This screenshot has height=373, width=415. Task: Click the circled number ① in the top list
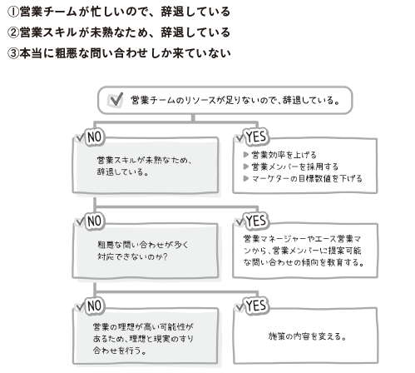pyautogui.click(x=12, y=12)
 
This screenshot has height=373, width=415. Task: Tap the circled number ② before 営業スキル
pyautogui.click(x=12, y=32)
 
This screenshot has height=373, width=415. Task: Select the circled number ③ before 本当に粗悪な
pyautogui.click(x=12, y=53)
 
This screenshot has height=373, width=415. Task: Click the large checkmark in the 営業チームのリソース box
pyautogui.click(x=116, y=100)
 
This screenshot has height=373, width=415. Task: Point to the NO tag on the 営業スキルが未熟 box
pyautogui.click(x=95, y=137)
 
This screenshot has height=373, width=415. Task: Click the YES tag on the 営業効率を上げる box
pyautogui.click(x=256, y=137)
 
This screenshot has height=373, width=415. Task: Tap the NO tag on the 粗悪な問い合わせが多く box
pyautogui.click(x=95, y=221)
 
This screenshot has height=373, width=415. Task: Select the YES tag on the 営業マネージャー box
pyautogui.click(x=256, y=221)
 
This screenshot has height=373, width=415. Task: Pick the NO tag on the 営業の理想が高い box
pyautogui.click(x=95, y=306)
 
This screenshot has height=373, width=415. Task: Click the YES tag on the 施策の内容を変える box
pyautogui.click(x=256, y=306)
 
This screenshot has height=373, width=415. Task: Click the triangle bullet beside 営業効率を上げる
pyautogui.click(x=245, y=155)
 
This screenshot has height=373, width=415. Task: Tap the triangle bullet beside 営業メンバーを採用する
pyautogui.click(x=245, y=167)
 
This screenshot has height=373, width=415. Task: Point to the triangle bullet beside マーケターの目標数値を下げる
pyautogui.click(x=245, y=178)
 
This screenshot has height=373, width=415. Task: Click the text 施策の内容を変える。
pyautogui.click(x=308, y=336)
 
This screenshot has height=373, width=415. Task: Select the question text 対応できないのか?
pyautogui.click(x=132, y=256)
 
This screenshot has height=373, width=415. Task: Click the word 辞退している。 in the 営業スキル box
pyautogui.click(x=123, y=172)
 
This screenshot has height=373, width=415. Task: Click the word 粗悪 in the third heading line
pyautogui.click(x=67, y=53)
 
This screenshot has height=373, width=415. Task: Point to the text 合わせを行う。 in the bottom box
pyautogui.click(x=120, y=351)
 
